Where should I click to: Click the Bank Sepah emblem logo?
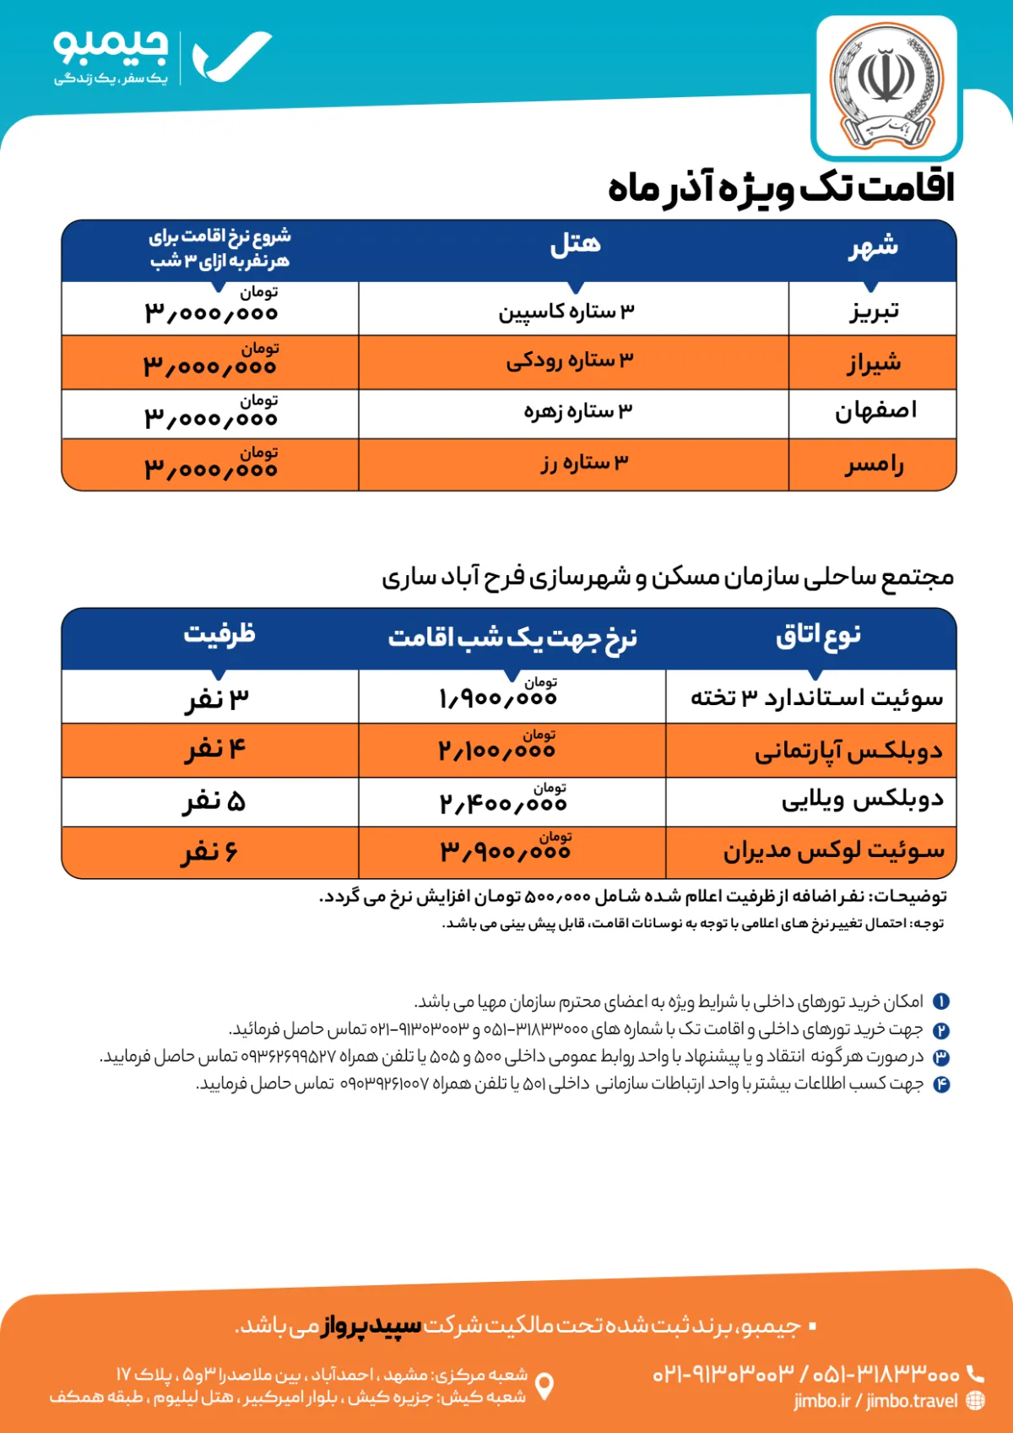(886, 87)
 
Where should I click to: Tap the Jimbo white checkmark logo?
(231, 57)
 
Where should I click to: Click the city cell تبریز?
(874, 311)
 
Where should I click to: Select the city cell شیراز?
(874, 363)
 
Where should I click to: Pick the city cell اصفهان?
(875, 413)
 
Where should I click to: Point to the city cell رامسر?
(874, 464)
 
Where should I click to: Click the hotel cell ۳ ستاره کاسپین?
(566, 311)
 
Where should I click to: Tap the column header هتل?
(575, 245)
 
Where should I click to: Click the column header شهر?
(873, 247)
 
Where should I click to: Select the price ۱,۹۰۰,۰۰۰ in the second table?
(498, 698)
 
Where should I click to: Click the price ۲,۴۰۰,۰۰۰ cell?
(503, 802)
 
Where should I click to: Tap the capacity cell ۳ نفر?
(217, 698)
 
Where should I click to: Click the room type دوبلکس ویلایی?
(862, 800)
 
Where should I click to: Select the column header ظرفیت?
(219, 633)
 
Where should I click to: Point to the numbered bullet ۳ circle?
(941, 1056)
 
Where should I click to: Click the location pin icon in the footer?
(545, 1386)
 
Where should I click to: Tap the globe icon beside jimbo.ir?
(975, 1400)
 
